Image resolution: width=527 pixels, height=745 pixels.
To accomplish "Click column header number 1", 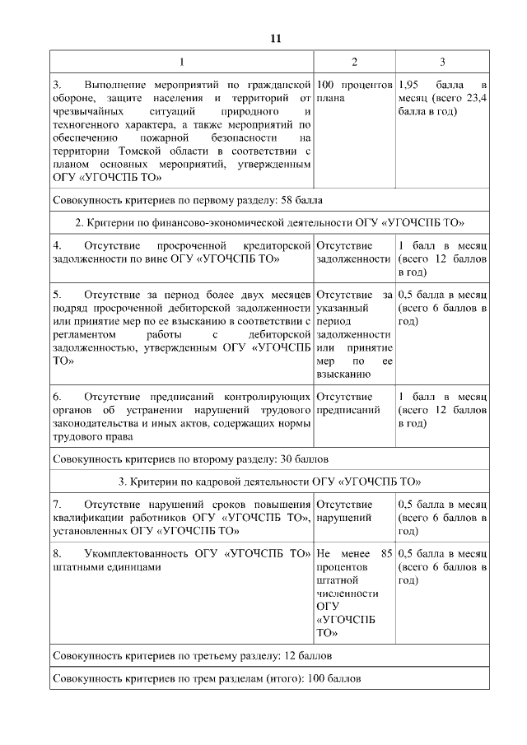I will click(x=182, y=62).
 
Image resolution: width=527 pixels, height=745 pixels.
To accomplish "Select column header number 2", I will click(x=354, y=62).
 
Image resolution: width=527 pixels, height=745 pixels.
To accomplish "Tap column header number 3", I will click(x=442, y=62).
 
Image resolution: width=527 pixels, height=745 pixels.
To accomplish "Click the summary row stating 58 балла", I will click(x=188, y=200).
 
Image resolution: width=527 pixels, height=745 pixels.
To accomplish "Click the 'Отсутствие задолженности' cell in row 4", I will click(x=354, y=252).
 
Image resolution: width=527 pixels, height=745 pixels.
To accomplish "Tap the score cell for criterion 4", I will click(x=442, y=258).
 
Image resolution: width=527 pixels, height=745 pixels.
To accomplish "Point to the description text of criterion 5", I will click(x=182, y=326).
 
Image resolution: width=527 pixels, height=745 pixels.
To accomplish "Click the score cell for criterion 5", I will click(x=442, y=308).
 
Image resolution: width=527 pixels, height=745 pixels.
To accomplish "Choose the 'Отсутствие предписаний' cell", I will click(x=354, y=403).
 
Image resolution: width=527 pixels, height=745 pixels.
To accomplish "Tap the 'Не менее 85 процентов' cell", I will click(x=354, y=593).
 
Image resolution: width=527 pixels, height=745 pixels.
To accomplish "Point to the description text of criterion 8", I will click(x=182, y=560).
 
